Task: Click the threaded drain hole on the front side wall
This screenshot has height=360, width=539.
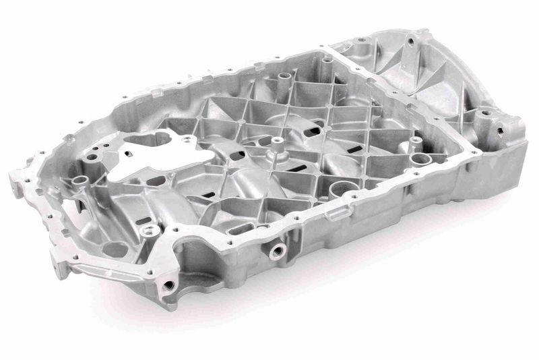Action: pos(276,250)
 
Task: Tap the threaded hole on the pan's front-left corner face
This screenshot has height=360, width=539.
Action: pos(167,285)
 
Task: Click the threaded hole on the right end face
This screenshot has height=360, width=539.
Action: pos(501,128)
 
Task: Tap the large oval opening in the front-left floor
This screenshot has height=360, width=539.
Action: pos(116,249)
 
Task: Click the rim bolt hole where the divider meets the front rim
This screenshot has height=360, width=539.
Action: pos(476,152)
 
